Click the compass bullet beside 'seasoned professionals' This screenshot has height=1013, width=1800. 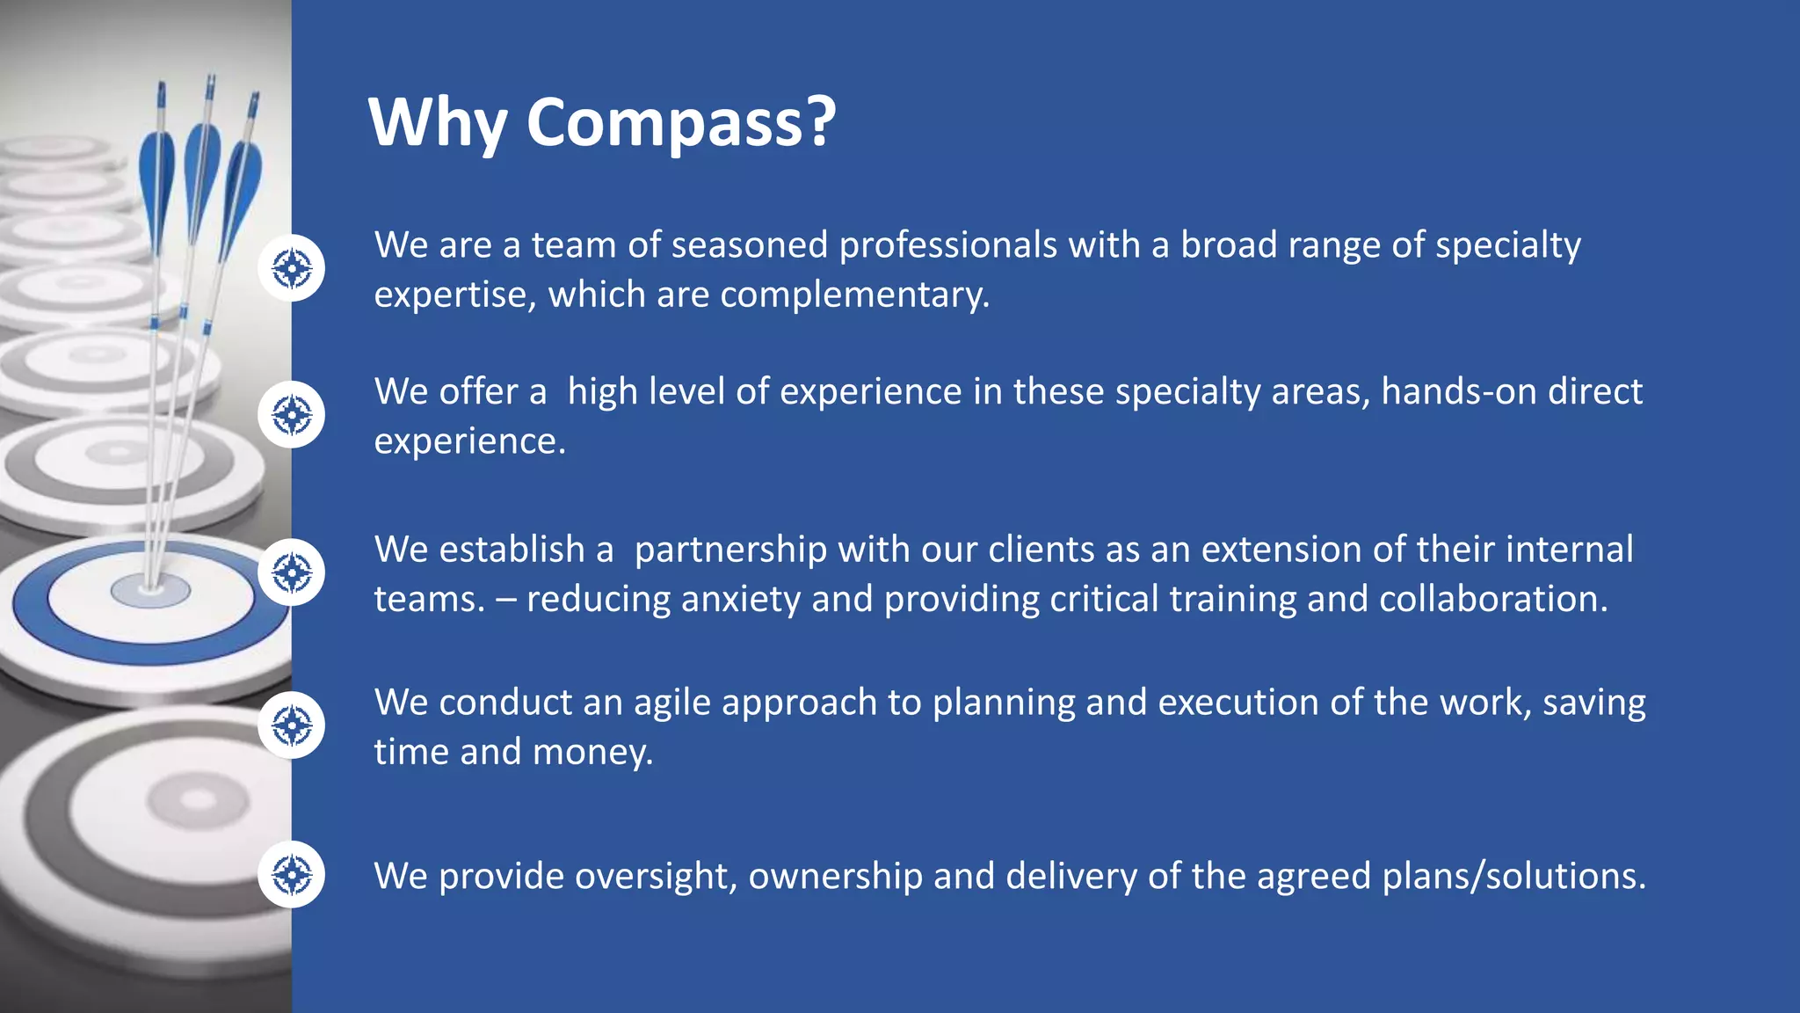[x=292, y=268]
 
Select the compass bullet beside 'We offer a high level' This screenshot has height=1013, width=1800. [x=292, y=415]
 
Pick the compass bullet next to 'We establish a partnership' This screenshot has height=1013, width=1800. [x=292, y=572]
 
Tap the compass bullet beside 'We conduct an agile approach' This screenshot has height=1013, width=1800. [x=292, y=725]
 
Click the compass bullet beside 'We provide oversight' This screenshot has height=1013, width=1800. [x=292, y=875]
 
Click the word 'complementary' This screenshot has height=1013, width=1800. [x=853, y=295]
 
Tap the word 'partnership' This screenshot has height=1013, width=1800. [x=730, y=550]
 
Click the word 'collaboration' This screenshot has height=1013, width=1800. [x=1492, y=600]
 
